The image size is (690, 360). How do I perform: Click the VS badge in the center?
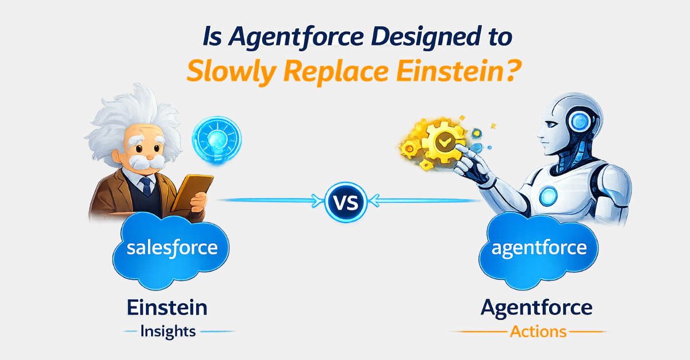pyautogui.click(x=345, y=201)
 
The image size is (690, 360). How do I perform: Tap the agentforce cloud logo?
pyautogui.click(x=539, y=248)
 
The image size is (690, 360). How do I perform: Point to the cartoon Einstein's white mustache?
pyautogui.click(x=142, y=162)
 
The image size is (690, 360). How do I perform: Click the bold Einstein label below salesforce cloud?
pyautogui.click(x=167, y=307)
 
